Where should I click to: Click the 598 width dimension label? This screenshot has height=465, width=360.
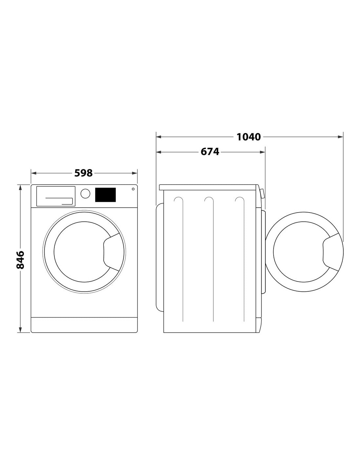[83, 173]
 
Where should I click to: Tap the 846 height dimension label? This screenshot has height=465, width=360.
[21, 260]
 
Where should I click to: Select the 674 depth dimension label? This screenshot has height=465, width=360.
[210, 152]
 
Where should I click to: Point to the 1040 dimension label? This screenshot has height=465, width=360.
[248, 137]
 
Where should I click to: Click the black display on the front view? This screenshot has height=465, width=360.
[105, 195]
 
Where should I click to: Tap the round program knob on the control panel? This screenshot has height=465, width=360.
[85, 194]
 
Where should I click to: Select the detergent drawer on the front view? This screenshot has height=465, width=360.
[56, 196]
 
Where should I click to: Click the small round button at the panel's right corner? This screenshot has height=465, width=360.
[133, 189]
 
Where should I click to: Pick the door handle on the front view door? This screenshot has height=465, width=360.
[111, 252]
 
